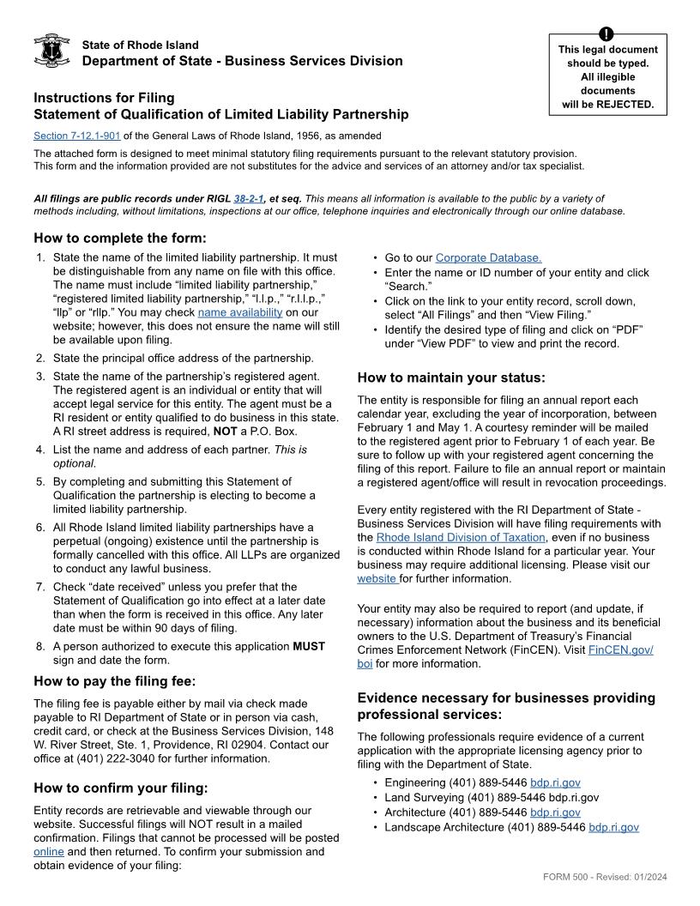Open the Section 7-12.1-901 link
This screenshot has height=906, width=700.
[77, 136]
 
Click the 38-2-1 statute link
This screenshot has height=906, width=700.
[249, 198]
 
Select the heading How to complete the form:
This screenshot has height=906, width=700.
[120, 238]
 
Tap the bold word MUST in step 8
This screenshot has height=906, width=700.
[309, 646]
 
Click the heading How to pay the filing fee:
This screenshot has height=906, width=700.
[115, 681]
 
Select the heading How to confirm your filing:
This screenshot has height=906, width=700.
[121, 788]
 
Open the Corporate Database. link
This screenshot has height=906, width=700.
[488, 257]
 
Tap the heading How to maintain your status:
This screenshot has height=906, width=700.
[450, 377]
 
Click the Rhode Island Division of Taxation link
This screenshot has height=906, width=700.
[462, 538]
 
